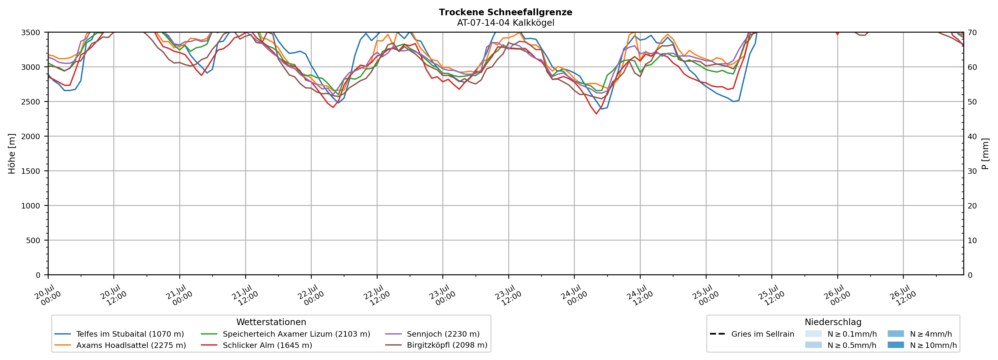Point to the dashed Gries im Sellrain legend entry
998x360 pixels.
tap(752, 334)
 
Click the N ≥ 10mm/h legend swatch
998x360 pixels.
tap(895, 345)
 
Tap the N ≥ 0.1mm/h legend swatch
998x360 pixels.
tap(813, 334)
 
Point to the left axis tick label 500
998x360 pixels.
tap(33, 240)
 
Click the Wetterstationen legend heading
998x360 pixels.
tap(271, 322)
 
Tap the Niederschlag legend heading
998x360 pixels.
tap(833, 322)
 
